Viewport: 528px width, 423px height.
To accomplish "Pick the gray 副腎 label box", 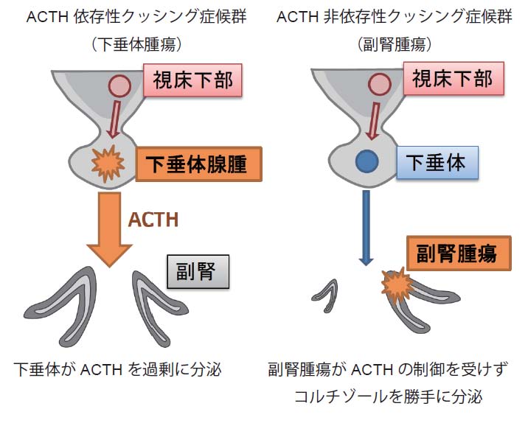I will coord(198,273).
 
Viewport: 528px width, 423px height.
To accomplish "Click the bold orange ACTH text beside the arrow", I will coord(153,219).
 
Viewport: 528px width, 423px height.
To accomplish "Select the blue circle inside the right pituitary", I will coord(366,161).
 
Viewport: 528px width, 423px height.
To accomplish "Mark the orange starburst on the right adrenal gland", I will coord(397,285).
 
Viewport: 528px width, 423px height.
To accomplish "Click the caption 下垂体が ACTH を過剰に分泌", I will coord(117,368).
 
